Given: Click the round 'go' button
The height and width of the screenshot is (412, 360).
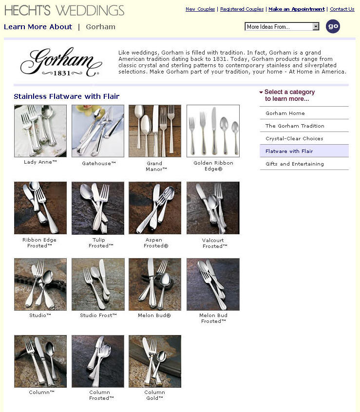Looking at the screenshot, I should [333, 26].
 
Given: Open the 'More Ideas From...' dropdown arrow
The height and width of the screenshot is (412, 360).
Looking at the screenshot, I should [316, 26].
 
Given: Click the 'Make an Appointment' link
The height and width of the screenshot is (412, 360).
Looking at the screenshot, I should [296, 9].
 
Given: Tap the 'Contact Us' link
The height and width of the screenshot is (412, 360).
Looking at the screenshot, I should [342, 9].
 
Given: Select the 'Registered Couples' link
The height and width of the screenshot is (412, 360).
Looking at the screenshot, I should [242, 9].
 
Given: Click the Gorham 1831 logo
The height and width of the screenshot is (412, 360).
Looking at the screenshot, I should [61, 62].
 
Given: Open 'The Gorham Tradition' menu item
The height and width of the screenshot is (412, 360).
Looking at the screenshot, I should [295, 126].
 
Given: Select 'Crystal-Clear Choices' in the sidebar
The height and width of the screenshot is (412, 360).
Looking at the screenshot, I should [294, 138].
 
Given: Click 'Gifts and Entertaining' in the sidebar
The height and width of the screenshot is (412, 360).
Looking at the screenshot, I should [294, 164].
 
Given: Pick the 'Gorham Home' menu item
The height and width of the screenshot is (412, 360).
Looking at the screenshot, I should [285, 113].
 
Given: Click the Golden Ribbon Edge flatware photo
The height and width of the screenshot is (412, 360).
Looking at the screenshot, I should [213, 131].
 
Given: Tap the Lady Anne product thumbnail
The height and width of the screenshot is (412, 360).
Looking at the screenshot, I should [40, 131].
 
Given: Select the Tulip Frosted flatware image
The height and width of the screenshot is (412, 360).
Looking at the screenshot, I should [98, 208].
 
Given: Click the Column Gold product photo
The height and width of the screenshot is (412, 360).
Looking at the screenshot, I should [155, 361].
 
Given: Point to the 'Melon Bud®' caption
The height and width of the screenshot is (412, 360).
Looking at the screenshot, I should [154, 316].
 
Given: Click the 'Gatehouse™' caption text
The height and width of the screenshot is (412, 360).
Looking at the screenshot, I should [99, 163].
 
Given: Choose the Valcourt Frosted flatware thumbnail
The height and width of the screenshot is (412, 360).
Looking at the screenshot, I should [213, 208].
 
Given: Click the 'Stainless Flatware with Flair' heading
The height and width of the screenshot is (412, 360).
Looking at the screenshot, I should [66, 96].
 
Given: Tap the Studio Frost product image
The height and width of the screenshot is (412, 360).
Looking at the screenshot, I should [98, 284].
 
